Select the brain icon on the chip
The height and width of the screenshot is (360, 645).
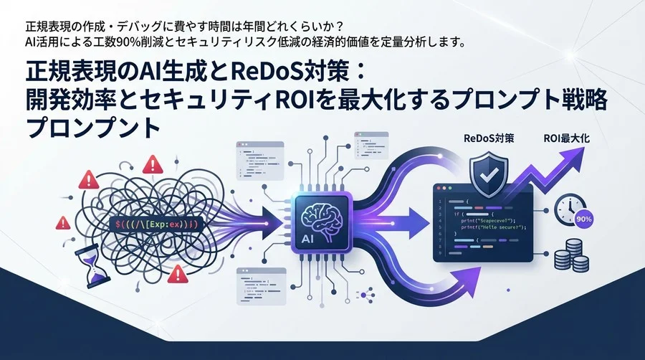click(x=320, y=214)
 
